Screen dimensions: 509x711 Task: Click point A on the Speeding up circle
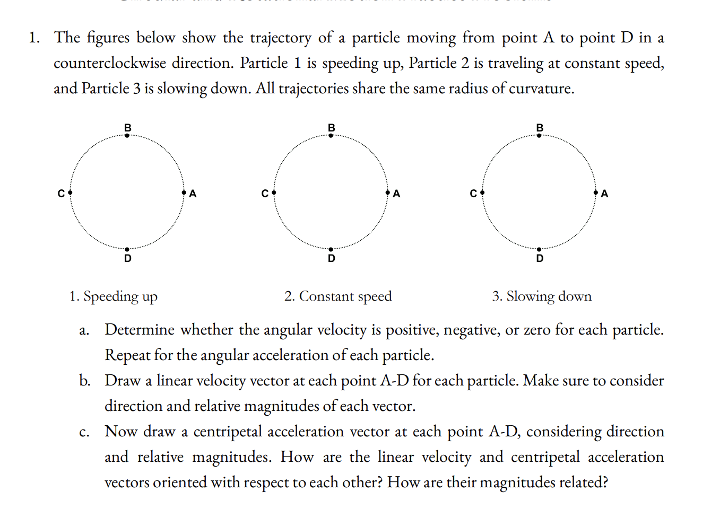(x=184, y=192)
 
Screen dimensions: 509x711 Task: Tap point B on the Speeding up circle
(x=127, y=136)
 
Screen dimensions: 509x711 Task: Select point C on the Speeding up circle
(x=70, y=192)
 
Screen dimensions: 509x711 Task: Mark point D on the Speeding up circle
(x=127, y=249)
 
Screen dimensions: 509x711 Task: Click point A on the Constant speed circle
(x=387, y=192)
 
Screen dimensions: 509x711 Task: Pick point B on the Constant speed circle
(x=331, y=136)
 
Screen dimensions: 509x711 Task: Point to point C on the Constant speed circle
(x=274, y=192)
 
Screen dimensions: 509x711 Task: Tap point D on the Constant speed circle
(x=331, y=249)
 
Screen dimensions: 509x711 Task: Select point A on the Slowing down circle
(x=596, y=192)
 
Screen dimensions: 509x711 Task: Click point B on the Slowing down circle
(x=539, y=136)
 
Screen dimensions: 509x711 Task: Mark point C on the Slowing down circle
(x=482, y=192)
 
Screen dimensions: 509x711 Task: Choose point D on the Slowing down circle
(x=539, y=249)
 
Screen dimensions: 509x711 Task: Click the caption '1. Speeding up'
(x=113, y=296)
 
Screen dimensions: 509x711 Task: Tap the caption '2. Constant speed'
(x=338, y=296)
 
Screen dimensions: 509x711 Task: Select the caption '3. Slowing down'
(x=542, y=296)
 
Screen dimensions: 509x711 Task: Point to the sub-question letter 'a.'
(x=84, y=330)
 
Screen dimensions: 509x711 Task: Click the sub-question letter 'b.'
(x=84, y=381)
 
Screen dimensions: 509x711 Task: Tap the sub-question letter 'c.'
(x=84, y=432)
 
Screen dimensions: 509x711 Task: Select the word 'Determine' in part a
(x=140, y=330)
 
